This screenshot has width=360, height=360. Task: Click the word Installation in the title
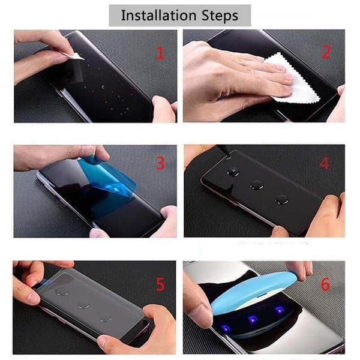pyautogui.click(x=158, y=16)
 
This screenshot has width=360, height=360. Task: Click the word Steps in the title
pyautogui.click(x=220, y=16)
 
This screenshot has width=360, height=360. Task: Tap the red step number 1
pyautogui.click(x=160, y=53)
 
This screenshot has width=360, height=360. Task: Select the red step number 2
pyautogui.click(x=326, y=52)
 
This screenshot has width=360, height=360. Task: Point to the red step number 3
pyautogui.click(x=160, y=163)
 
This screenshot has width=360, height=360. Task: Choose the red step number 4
pyautogui.click(x=324, y=163)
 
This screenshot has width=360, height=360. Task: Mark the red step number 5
pyautogui.click(x=160, y=284)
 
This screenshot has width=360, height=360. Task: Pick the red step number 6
pyautogui.click(x=325, y=284)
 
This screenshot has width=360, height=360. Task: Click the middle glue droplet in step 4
pyautogui.click(x=257, y=185)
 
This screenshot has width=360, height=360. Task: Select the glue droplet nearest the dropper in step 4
pyautogui.click(x=233, y=172)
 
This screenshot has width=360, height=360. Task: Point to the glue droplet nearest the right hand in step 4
pyautogui.click(x=281, y=200)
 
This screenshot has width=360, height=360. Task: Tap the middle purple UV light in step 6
pyautogui.click(x=252, y=319)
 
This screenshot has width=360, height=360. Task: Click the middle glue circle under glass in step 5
pyautogui.click(x=83, y=306)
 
